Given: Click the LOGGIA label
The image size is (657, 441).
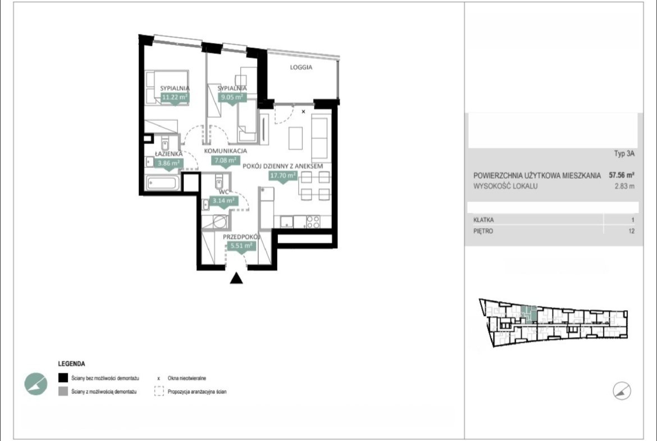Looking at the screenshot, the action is pyautogui.click(x=301, y=67).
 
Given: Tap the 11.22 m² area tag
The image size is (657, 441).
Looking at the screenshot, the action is pyautogui.click(x=175, y=97).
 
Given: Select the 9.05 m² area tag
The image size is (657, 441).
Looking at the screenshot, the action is pyautogui.click(x=232, y=97).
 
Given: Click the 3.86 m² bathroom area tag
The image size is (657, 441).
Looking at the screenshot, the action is pyautogui.click(x=168, y=163).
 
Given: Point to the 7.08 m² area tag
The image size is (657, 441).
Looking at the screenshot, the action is pyautogui.click(x=225, y=160).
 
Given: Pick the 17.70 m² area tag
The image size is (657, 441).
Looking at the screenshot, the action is pyautogui.click(x=283, y=176).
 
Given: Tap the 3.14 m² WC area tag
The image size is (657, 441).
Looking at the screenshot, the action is pyautogui.click(x=223, y=201).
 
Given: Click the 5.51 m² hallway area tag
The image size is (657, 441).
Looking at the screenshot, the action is pyautogui.click(x=241, y=245).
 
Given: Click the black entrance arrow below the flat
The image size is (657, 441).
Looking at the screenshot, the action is pyautogui.click(x=236, y=278).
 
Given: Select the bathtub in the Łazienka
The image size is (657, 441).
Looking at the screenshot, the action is pyautogui.click(x=163, y=183).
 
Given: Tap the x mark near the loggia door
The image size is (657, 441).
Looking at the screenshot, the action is pyautogui.click(x=303, y=111).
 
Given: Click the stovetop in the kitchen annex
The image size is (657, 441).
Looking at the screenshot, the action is pyautogui.click(x=313, y=222).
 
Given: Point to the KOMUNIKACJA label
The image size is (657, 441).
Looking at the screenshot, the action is pyautogui.click(x=225, y=151).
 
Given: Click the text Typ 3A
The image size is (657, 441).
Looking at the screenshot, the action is pyautogui.click(x=624, y=153).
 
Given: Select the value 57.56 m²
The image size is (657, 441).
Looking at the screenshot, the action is pyautogui.click(x=622, y=175).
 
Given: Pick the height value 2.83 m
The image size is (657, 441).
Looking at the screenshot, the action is pyautogui.click(x=624, y=186).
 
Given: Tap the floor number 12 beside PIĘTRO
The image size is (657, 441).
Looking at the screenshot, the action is pyautogui.click(x=631, y=231).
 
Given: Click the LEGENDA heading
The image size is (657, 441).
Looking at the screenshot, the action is pyautogui.click(x=72, y=364).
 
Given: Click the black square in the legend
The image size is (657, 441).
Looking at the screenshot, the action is pyautogui.click(x=63, y=378).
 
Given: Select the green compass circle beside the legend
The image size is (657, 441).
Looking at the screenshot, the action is pyautogui.click(x=35, y=384).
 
